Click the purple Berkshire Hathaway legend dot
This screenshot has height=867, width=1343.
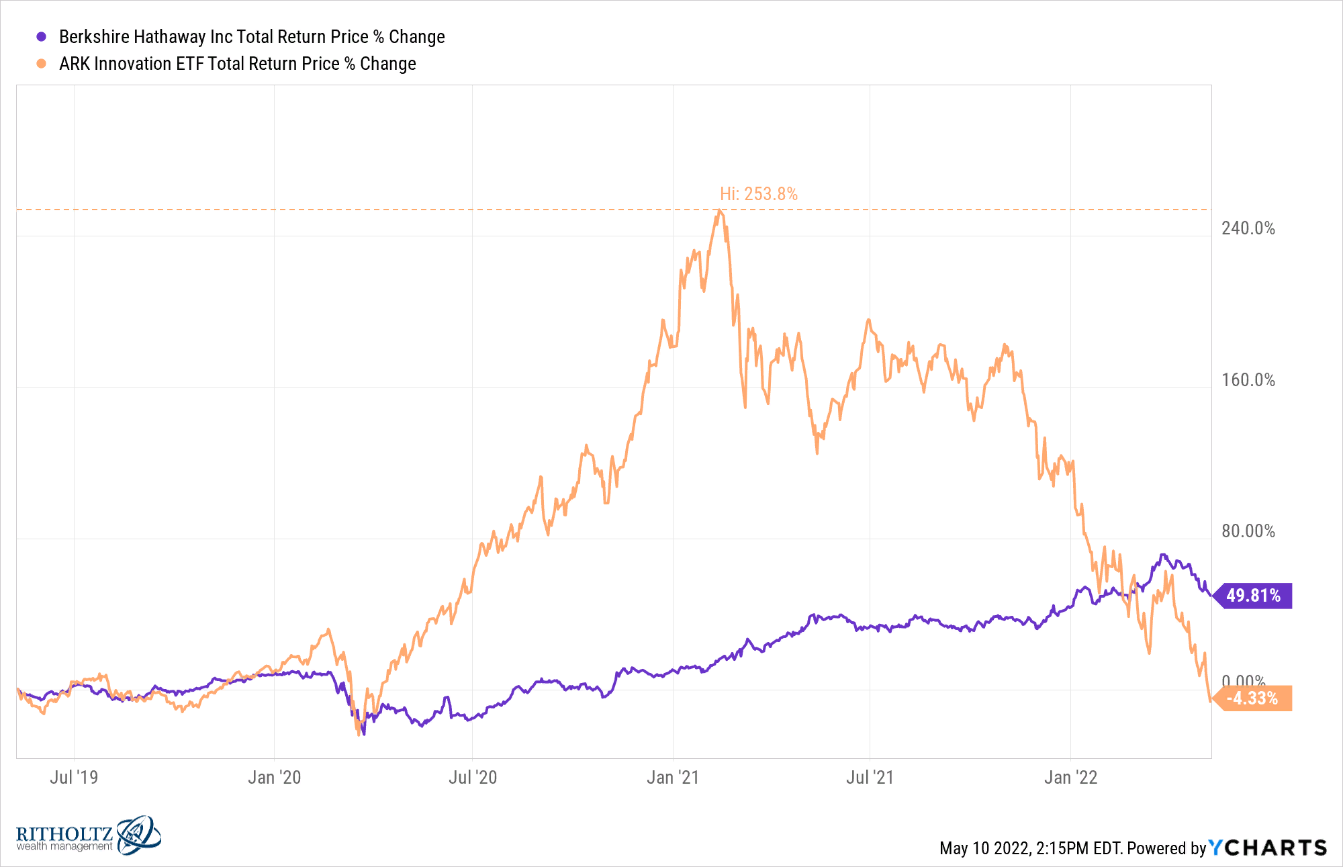(42, 37)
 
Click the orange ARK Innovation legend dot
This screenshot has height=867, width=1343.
(42, 64)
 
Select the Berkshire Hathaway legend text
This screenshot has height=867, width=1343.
(252, 37)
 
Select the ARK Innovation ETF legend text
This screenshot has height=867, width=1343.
(238, 64)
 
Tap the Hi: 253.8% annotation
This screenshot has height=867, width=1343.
(759, 194)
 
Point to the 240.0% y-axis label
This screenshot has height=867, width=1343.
(1248, 228)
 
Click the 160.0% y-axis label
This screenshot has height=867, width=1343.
(1248, 380)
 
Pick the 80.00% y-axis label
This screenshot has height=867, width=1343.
(1248, 531)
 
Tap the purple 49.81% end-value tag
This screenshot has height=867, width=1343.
(1253, 596)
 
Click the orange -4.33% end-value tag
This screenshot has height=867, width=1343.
(1252, 698)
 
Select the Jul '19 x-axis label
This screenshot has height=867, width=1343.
(74, 778)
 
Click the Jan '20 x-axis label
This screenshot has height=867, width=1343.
(274, 778)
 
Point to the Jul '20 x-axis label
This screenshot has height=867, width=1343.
(473, 778)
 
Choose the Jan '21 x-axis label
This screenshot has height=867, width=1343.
(673, 778)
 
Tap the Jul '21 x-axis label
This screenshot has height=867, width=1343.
(870, 778)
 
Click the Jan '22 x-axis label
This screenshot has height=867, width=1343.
(1070, 778)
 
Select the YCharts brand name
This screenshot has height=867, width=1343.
(1268, 848)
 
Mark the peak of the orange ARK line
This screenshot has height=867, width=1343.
(719, 211)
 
